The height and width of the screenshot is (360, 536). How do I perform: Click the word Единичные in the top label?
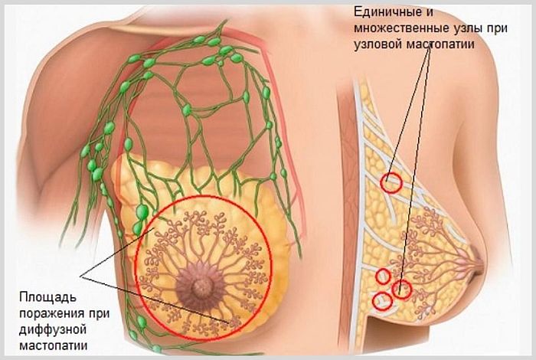tap(387, 12)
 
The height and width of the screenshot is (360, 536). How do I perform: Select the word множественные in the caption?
tap(399, 28)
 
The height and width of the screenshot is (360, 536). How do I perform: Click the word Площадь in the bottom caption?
tap(47, 298)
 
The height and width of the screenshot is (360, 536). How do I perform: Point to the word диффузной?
tap(52, 330)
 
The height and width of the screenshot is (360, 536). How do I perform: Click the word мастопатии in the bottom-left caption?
tap(54, 345)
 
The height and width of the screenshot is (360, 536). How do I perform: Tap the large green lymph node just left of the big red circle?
tap(142, 211)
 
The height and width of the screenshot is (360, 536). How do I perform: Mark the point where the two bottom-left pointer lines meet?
tap(80, 277)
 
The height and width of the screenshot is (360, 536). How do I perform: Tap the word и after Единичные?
tap(430, 13)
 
